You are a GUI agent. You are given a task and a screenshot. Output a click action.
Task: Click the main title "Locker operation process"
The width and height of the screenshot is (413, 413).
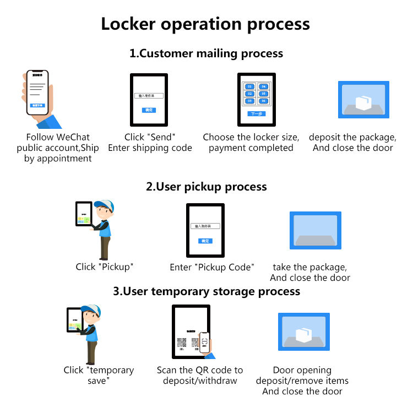tap(205, 24)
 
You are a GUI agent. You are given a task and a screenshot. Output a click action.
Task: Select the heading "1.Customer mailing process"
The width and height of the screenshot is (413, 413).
tap(206, 53)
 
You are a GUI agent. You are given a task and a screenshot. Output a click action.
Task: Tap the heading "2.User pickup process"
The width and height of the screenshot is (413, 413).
tap(206, 187)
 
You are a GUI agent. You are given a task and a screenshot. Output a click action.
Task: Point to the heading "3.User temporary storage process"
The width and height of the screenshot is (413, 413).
tap(206, 291)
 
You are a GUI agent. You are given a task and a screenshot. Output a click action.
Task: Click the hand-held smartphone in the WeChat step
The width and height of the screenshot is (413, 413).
tap(37, 93)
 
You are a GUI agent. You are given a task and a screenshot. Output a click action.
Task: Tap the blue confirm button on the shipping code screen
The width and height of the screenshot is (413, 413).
tap(149, 110)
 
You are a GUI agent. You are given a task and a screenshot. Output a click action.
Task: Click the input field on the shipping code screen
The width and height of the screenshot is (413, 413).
tap(149, 96)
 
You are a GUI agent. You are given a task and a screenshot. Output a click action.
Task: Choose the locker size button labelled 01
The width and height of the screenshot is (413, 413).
tap(249, 87)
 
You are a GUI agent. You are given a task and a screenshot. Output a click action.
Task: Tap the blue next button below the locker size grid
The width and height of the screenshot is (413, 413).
tap(256, 114)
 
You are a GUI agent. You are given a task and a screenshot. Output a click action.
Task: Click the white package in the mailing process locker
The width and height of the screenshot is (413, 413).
tap(363, 103)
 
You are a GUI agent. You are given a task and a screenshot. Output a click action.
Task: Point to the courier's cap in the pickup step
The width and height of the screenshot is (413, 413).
tap(105, 205)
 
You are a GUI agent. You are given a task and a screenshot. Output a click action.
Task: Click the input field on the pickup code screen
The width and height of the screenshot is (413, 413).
tap(205, 226)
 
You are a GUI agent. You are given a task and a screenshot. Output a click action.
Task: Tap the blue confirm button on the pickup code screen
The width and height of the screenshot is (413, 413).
tap(205, 241)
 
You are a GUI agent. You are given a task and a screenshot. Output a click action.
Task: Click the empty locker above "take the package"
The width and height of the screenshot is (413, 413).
tap(315, 230)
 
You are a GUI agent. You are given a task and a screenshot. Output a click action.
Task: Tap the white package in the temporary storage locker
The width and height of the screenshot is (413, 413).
tap(303, 334)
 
